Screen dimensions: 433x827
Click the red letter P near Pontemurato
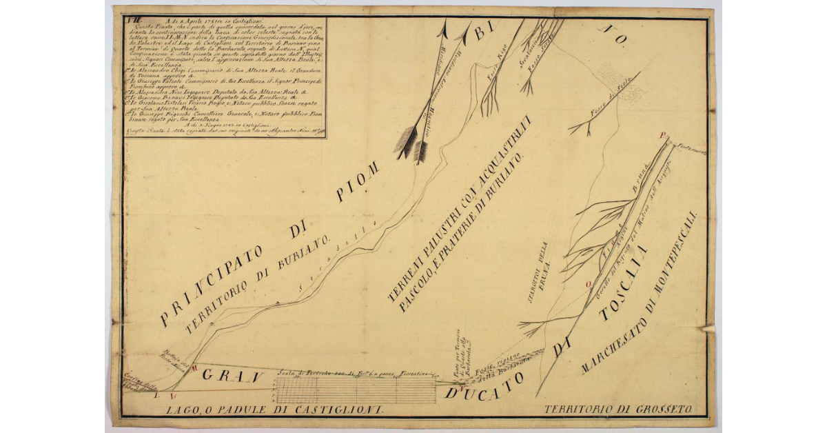(663, 136)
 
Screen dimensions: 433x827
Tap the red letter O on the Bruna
(587, 283)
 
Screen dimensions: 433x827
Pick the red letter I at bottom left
(156, 399)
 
